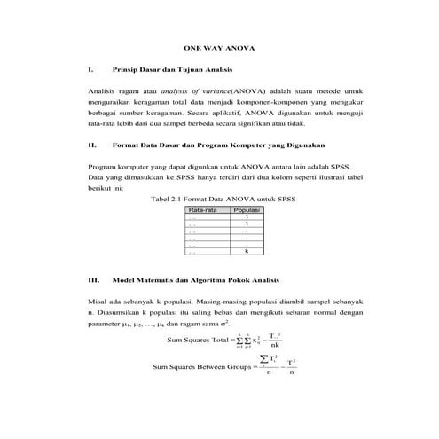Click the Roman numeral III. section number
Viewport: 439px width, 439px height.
click(x=93, y=279)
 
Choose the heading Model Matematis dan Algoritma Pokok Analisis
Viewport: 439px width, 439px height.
click(x=203, y=279)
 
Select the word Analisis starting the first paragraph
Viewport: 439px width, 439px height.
click(x=102, y=91)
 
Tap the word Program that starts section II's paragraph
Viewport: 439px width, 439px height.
click(x=103, y=166)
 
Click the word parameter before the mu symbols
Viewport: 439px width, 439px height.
click(x=108, y=325)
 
